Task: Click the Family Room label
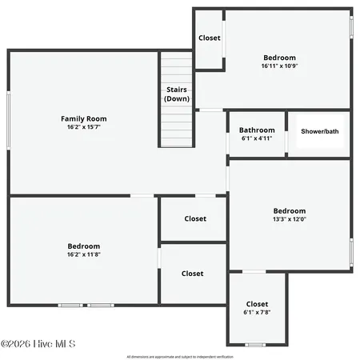click(84, 118)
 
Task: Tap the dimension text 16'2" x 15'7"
click(84, 127)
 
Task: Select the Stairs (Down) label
click(177, 94)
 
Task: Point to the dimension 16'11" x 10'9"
click(279, 66)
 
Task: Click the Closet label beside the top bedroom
click(210, 38)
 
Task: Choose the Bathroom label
click(257, 130)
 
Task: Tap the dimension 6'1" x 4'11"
click(257, 138)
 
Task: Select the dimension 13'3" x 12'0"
click(290, 219)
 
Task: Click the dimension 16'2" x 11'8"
click(84, 254)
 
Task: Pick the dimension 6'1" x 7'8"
click(257, 312)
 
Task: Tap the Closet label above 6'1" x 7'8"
click(257, 303)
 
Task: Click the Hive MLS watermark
click(38, 344)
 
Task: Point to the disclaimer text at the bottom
click(180, 356)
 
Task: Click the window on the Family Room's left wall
click(9, 120)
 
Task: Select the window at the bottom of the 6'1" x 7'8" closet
click(255, 345)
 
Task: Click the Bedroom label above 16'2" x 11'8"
click(84, 246)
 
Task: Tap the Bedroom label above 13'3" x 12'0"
click(290, 210)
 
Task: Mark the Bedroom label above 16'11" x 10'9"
click(279, 58)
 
